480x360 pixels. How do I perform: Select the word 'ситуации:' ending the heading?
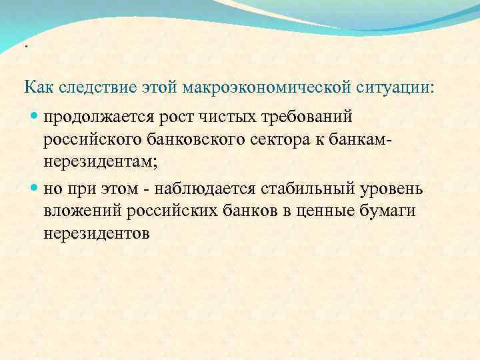pyautogui.click(x=396, y=87)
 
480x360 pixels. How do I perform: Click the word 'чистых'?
pyautogui.click(x=238, y=118)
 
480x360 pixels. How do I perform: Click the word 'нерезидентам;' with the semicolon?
pyautogui.click(x=95, y=162)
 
